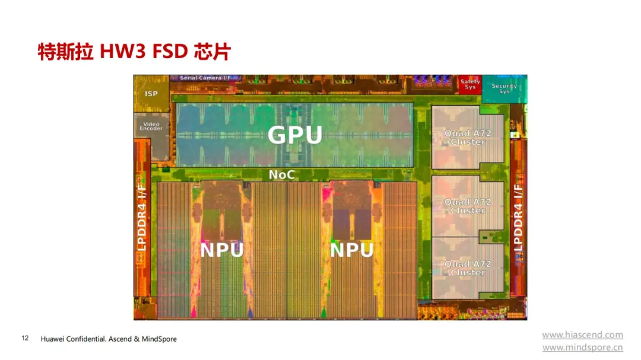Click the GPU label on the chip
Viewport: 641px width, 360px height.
[295, 135]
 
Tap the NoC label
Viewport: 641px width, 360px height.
[282, 175]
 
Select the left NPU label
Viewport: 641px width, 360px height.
[221, 250]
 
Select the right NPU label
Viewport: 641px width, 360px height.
[351, 250]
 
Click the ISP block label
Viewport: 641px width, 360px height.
[151, 94]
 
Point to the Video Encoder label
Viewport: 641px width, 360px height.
[151, 126]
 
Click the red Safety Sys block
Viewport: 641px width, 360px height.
[470, 85]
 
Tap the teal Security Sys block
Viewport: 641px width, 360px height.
[504, 89]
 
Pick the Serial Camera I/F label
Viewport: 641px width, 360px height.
[205, 78]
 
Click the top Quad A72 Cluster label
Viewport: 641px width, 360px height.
[468, 138]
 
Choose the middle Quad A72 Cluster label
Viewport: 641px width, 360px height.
[468, 206]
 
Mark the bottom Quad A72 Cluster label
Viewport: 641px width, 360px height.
[468, 268]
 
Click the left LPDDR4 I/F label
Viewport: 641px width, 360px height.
[141, 218]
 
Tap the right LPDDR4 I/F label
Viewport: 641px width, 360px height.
[518, 218]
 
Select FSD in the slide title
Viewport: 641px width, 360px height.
[170, 52]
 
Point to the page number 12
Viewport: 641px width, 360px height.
[25, 338]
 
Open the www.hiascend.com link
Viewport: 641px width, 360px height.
[583, 335]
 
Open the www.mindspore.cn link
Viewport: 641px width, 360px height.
[583, 348]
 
